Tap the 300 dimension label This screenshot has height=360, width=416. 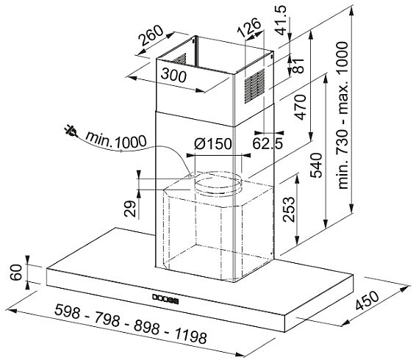[173, 75]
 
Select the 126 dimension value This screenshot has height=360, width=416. [248, 27]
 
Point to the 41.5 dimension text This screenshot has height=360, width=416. [281, 20]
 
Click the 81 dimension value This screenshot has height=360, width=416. [298, 65]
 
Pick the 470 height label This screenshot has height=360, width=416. [300, 107]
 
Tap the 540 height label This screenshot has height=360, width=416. [316, 165]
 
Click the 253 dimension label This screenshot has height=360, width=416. [289, 209]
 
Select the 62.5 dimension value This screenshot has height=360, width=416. [268, 144]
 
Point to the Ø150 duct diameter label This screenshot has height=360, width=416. [213, 143]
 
